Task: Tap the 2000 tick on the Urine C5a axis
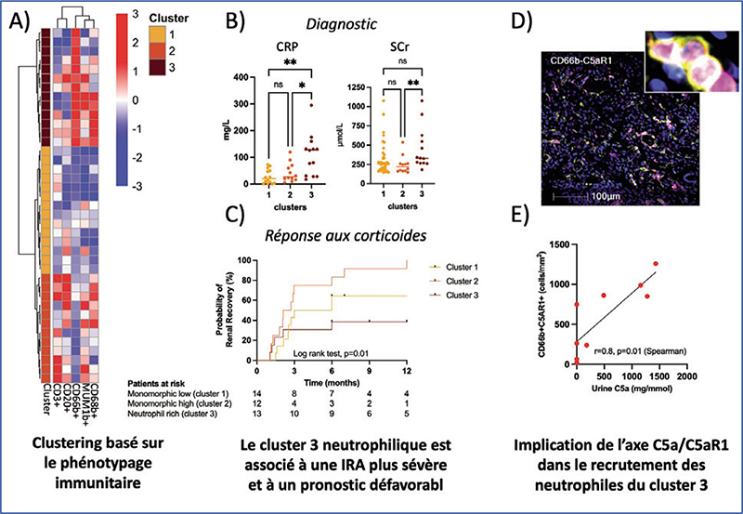tap(687, 372)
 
